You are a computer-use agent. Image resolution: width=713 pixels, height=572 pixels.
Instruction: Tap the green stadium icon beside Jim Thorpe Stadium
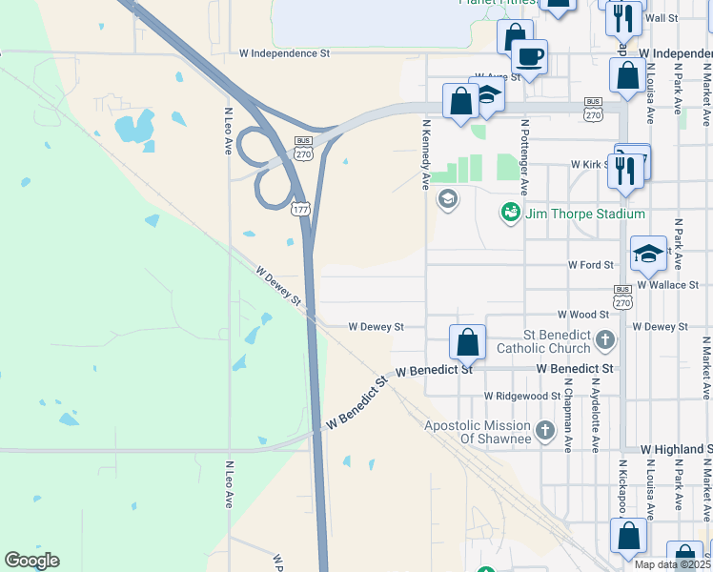pyautogui.click(x=511, y=213)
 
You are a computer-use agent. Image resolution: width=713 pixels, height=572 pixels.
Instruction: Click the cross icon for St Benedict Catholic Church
pyautogui.click(x=604, y=339)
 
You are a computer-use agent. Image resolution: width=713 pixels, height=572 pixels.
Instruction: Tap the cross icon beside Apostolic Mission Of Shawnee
pyautogui.click(x=545, y=431)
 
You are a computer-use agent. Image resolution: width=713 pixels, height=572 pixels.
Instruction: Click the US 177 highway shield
pyautogui.click(x=300, y=208)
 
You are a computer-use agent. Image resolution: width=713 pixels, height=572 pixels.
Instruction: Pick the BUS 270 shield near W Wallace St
pyautogui.click(x=622, y=296)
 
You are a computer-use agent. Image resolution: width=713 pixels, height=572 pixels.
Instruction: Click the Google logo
pyautogui.click(x=31, y=561)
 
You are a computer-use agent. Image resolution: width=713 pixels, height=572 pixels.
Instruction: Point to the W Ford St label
pyautogui.click(x=590, y=264)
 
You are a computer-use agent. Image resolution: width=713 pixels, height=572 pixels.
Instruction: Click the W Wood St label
pyautogui.click(x=583, y=314)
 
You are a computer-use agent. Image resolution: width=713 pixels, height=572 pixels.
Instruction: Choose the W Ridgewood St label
pyautogui.click(x=521, y=396)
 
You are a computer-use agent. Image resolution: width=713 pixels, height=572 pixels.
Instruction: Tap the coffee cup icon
pyautogui.click(x=530, y=56)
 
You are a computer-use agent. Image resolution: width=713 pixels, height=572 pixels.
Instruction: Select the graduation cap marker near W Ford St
pyautogui.click(x=648, y=254)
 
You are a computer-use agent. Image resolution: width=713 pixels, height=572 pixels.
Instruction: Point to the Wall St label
pyautogui.click(x=661, y=18)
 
